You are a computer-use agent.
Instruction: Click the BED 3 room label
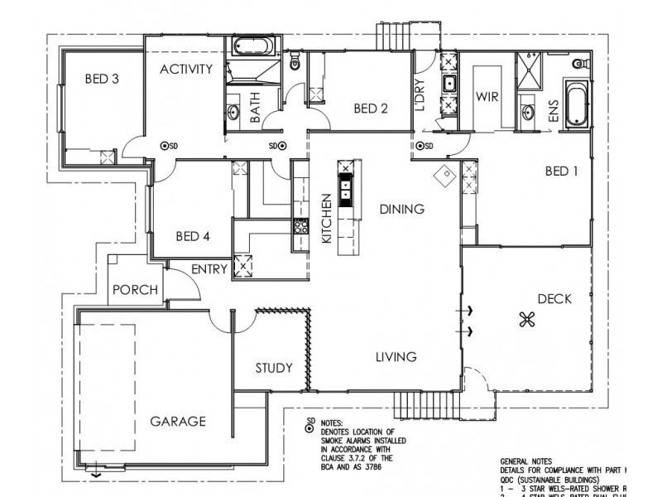(103, 80)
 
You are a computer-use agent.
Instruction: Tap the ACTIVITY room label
(187, 68)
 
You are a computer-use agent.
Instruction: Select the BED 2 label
(371, 108)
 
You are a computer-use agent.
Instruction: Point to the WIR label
(485, 95)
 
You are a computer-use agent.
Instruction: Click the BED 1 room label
(562, 171)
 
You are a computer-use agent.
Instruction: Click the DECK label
(554, 299)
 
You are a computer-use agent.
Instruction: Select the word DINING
(402, 209)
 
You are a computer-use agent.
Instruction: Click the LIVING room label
(396, 357)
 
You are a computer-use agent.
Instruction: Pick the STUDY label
(273, 368)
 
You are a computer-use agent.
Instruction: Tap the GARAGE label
(177, 421)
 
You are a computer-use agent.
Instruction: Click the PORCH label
(136, 290)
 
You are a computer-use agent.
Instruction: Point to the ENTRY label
(209, 269)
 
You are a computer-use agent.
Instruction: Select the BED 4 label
(193, 236)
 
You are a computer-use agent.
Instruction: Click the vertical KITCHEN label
(326, 220)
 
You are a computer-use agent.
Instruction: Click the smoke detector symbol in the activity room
(164, 146)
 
